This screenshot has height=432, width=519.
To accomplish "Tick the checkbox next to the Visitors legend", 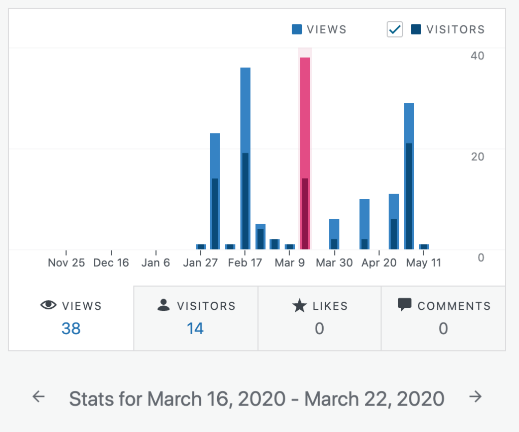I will pos(395,30).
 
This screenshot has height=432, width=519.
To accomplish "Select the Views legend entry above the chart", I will pos(319,29).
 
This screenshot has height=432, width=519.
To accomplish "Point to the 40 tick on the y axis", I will pos(477,56).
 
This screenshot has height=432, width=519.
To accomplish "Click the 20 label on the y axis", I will pos(477,157).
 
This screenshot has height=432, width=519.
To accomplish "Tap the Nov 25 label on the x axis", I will pos(66,263).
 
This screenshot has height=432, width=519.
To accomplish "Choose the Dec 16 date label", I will pos(111,263).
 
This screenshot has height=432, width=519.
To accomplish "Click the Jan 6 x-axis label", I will pos(156,263).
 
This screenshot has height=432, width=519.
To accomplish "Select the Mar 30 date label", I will pos(335,263).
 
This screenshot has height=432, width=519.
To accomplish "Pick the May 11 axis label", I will pos(424,263).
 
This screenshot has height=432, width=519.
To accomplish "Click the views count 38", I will pos(71,329).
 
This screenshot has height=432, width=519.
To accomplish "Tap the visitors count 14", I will pos(195,329).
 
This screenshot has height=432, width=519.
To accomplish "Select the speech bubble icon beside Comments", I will pos(404,305).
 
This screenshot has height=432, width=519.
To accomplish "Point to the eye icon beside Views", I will pos(48,305).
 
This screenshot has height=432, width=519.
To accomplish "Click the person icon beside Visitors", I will pos(163,305).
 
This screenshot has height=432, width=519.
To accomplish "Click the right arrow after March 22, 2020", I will pos(475,397).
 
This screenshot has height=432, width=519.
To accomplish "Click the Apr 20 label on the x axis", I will pos(379,263).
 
